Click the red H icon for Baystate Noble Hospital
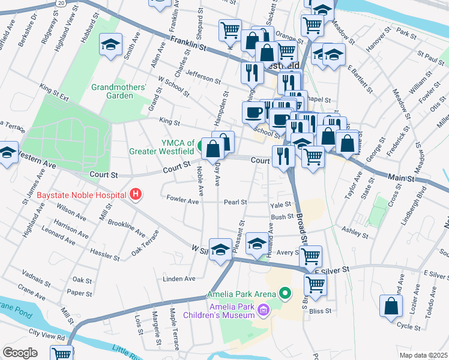coord(136,194)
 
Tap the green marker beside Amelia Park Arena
coord(285,294)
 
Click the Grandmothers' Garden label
coord(119,91)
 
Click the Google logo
coord(20,353)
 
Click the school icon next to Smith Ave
coord(110,46)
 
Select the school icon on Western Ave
coord(7,153)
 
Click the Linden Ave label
coord(179,279)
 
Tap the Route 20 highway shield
coord(61,3)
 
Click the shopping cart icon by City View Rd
coord(61,353)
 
